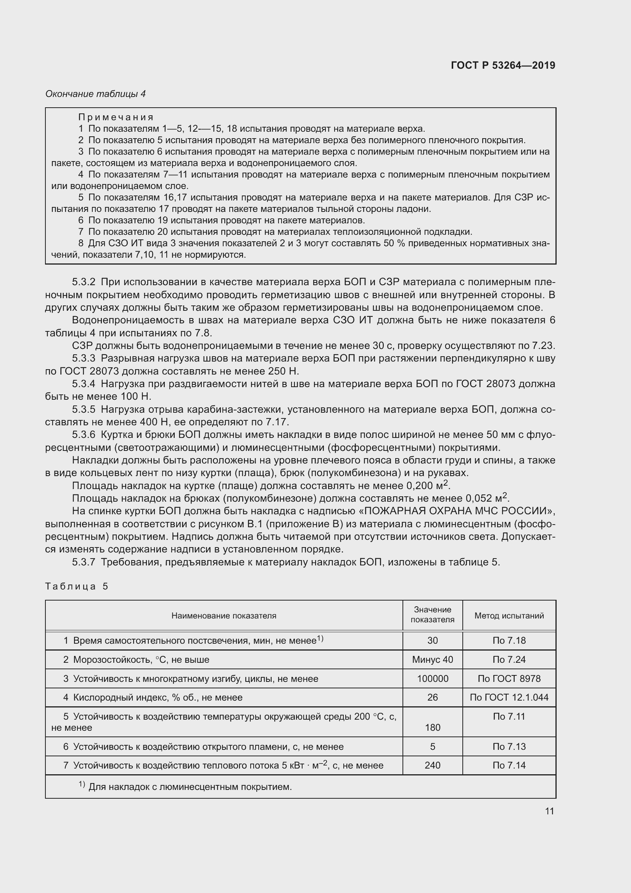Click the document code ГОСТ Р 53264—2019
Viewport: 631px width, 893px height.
click(x=503, y=65)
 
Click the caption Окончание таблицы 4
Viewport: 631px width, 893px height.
click(x=95, y=94)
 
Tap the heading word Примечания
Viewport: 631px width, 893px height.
click(x=116, y=117)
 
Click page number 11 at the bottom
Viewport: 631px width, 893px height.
click(x=549, y=811)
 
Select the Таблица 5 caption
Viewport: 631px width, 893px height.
click(x=77, y=586)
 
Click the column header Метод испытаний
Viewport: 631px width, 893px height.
click(x=509, y=616)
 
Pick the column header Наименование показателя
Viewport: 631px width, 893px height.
click(x=224, y=616)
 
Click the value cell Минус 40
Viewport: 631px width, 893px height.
click(x=433, y=660)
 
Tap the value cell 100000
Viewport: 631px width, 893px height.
click(x=433, y=679)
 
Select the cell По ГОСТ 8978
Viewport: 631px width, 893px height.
click(x=509, y=679)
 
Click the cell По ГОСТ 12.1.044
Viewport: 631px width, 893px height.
click(x=509, y=698)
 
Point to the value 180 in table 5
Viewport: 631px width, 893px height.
click(x=433, y=727)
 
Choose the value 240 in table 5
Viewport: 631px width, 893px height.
click(x=433, y=765)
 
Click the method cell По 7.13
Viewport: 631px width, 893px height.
click(x=509, y=746)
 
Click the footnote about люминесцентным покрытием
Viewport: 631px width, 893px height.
click(x=190, y=787)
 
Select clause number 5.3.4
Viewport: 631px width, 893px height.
click(x=84, y=384)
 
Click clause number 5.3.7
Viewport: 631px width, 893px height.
click(x=84, y=562)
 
